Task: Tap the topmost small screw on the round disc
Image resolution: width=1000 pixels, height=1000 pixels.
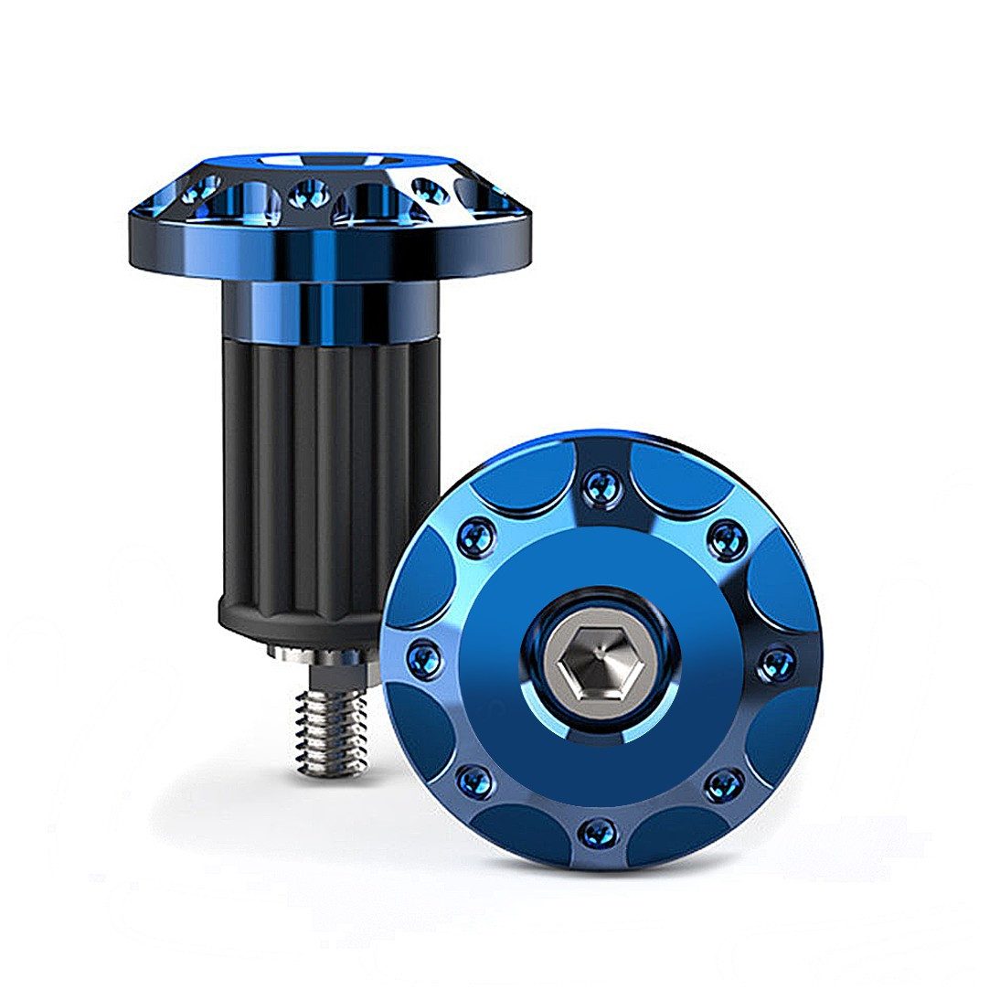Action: point(601,486)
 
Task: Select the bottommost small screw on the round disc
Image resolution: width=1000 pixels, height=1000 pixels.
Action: point(599,832)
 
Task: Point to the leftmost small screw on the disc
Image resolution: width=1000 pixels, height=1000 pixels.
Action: point(423,659)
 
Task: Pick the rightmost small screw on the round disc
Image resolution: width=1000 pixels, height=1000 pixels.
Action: point(776,661)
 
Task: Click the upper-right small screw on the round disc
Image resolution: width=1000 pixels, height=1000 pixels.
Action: point(728,537)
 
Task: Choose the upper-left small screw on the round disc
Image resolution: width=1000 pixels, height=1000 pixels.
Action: point(478,536)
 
